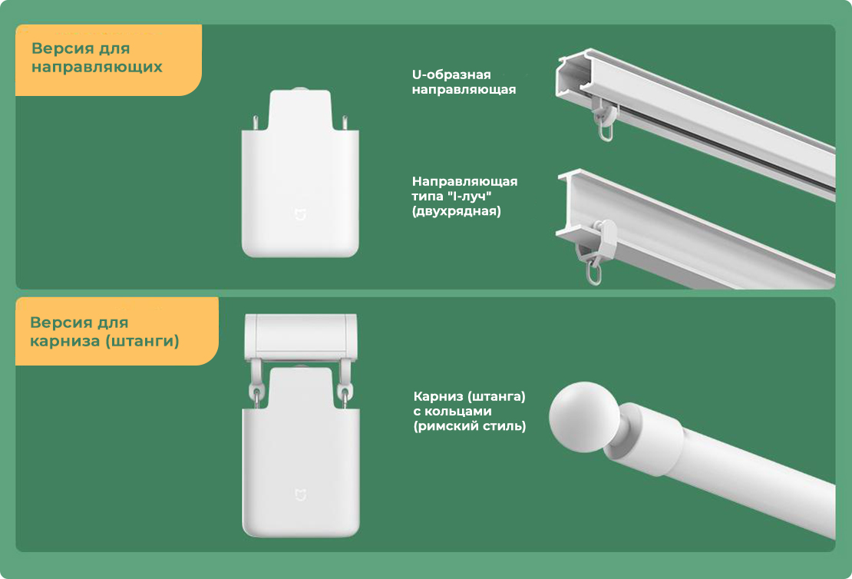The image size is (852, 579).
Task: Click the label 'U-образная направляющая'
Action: tap(464, 82)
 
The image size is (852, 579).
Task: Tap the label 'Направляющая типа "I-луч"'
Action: tap(464, 189)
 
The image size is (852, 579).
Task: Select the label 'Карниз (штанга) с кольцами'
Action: tap(470, 404)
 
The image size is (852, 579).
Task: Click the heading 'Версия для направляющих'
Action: tap(97, 58)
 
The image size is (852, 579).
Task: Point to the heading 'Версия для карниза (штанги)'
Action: tap(104, 332)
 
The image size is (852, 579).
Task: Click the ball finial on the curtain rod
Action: tap(583, 417)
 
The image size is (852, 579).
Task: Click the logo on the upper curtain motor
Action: tap(300, 214)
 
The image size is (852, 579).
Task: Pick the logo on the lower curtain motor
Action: tap(300, 495)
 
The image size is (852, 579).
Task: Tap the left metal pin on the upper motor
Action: tap(256, 122)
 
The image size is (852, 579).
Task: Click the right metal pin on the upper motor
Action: tap(345, 122)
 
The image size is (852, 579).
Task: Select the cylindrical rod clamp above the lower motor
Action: tap(300, 336)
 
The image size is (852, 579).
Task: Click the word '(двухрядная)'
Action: tap(457, 211)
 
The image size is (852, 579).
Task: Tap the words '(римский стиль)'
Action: tap(470, 425)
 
